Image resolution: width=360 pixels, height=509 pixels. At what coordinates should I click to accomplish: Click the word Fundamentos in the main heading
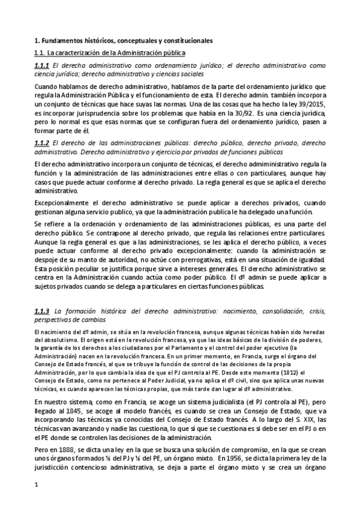[x=61, y=41]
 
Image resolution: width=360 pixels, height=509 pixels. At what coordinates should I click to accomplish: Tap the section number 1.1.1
[x=42, y=65]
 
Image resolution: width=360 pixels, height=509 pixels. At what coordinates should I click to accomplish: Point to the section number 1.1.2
[x=42, y=143]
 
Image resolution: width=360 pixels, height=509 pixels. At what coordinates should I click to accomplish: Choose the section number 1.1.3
[x=42, y=311]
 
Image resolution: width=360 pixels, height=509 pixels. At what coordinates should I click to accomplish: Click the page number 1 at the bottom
[x=37, y=493]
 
